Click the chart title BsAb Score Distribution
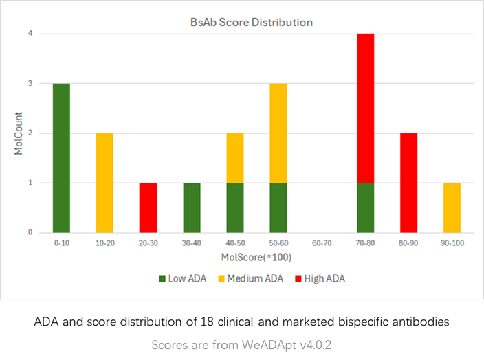[x=251, y=23]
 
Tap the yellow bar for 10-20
[x=104, y=182]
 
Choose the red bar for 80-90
[x=410, y=182]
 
